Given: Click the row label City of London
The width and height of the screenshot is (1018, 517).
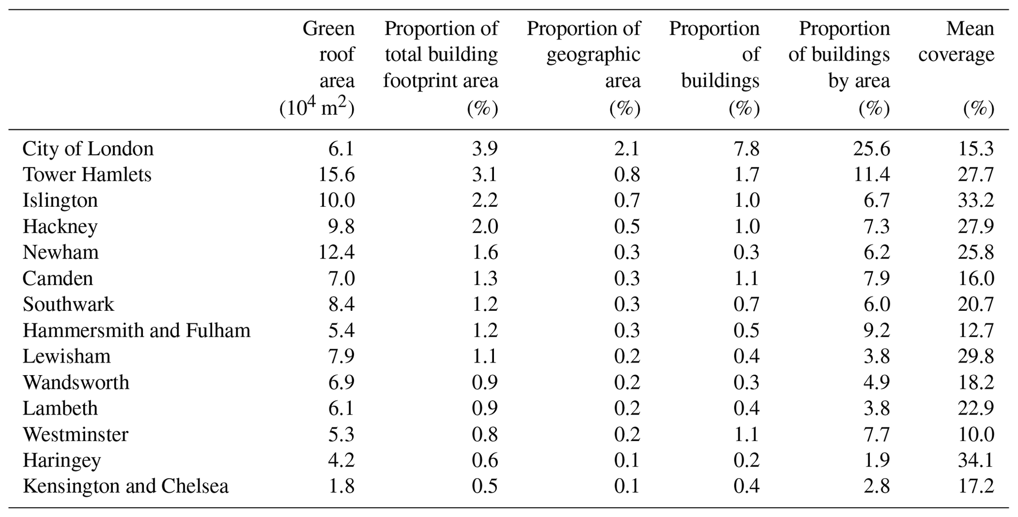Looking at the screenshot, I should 88,149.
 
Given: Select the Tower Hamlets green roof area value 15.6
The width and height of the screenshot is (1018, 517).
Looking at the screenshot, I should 337,175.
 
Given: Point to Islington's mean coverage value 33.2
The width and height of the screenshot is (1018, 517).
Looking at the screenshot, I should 976,200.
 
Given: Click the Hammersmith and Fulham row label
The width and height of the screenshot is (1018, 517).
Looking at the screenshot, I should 136,330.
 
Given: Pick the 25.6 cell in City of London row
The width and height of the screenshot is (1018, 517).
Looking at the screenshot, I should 871,149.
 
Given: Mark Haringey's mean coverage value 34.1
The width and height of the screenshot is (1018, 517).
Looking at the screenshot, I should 976,460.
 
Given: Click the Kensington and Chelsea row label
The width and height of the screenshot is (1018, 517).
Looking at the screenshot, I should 126,486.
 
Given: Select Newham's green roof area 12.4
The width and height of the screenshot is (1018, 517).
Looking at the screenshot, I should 337,253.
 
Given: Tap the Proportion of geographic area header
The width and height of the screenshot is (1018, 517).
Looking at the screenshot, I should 584,68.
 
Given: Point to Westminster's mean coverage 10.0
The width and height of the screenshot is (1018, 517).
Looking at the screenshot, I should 976,434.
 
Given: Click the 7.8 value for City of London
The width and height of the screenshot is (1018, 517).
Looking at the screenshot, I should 746,149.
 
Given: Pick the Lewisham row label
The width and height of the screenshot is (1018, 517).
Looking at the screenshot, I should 66,356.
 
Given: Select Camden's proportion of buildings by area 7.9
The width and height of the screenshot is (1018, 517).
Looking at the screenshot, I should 877,279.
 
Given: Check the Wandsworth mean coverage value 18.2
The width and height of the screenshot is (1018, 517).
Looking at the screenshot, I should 976,383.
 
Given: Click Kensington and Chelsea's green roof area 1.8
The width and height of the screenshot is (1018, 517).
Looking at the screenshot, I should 341,486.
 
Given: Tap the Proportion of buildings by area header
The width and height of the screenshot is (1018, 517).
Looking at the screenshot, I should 839,68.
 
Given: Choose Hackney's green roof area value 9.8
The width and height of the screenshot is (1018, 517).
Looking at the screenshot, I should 341,226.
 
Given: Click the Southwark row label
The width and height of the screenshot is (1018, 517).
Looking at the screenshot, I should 68,304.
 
